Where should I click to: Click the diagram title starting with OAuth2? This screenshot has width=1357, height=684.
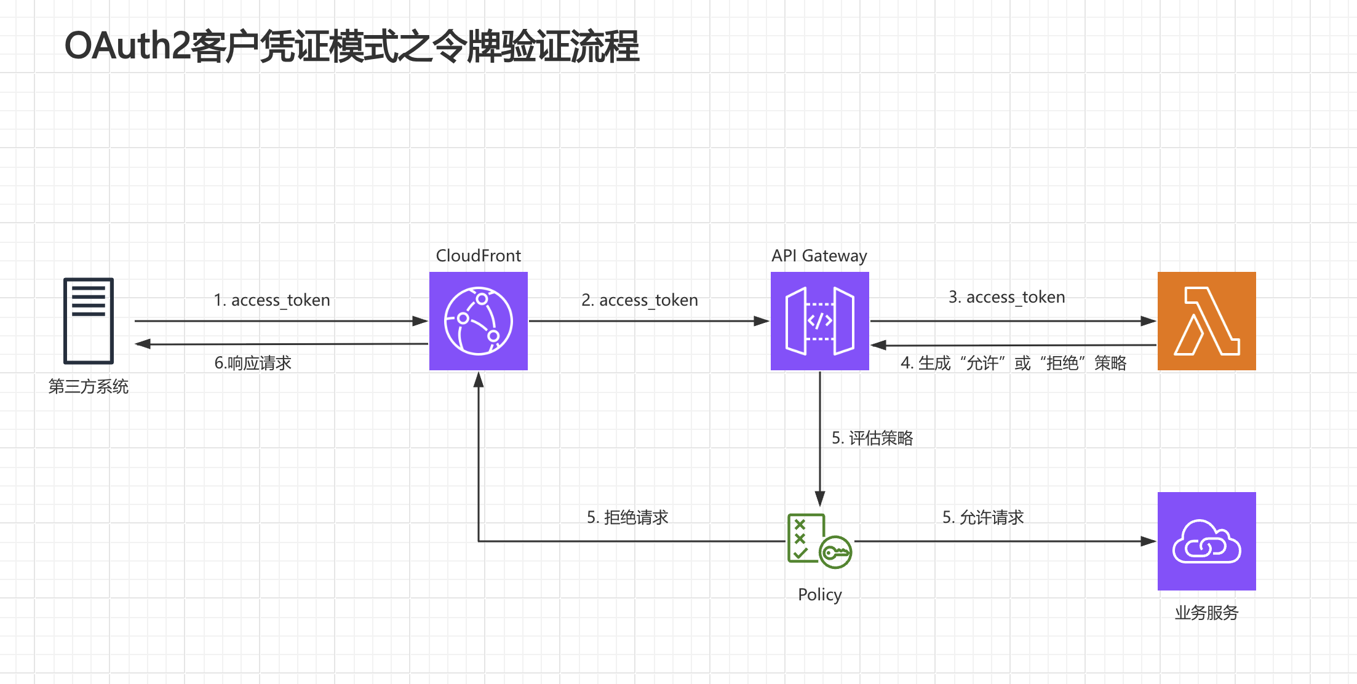click(x=351, y=47)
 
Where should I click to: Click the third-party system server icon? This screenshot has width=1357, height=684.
click(x=89, y=320)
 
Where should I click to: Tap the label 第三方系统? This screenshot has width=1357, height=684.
click(x=89, y=386)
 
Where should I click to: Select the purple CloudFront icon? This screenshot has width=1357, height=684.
click(x=478, y=320)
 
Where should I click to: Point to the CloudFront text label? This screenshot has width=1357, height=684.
click(x=478, y=255)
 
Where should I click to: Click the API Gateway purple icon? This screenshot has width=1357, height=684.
click(x=819, y=320)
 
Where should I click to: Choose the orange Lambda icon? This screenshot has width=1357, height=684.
click(x=1206, y=320)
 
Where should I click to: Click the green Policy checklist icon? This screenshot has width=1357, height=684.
click(x=819, y=541)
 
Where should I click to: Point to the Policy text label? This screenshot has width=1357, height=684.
click(x=819, y=594)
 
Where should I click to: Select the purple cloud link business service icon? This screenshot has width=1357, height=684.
click(x=1206, y=541)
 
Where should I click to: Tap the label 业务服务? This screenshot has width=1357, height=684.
click(x=1206, y=613)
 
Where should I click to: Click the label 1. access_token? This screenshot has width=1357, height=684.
click(x=271, y=300)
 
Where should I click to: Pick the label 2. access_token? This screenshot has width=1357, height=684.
click(x=639, y=300)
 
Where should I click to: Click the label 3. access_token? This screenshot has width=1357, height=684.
click(x=1006, y=297)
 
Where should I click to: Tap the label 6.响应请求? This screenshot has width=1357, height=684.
click(x=253, y=363)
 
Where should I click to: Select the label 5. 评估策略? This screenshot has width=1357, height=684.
click(x=872, y=438)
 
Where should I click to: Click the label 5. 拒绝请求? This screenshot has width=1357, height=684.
click(x=627, y=517)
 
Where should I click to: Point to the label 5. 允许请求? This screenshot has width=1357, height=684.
click(x=982, y=517)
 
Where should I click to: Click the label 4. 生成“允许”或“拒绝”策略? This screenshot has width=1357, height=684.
click(x=1013, y=363)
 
